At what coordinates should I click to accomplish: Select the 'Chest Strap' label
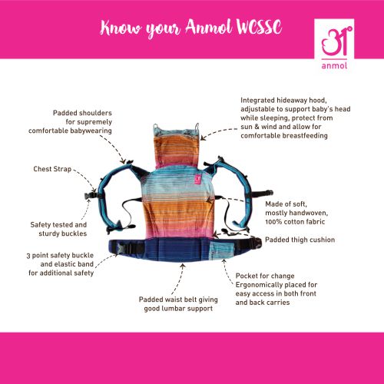pyautogui.click(x=53, y=168)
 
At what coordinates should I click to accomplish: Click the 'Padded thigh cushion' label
pyautogui.click(x=299, y=240)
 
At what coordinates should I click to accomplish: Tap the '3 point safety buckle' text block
pyautogui.click(x=61, y=263)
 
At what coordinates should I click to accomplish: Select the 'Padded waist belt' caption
pyautogui.click(x=176, y=304)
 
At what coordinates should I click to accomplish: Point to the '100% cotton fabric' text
pyautogui.click(x=296, y=221)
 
